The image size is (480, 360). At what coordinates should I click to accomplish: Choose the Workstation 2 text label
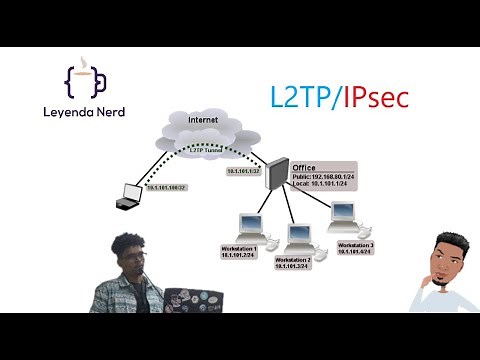pos(295,259)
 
